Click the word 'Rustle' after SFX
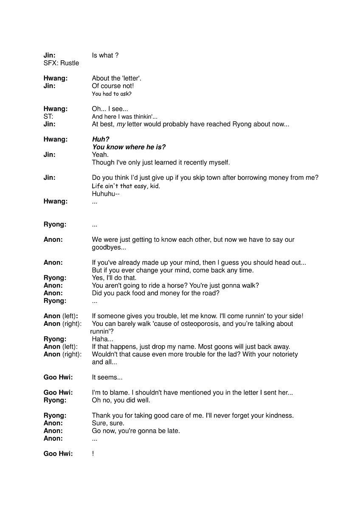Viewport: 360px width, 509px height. click(x=70, y=63)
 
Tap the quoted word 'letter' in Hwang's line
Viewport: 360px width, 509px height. click(x=130, y=78)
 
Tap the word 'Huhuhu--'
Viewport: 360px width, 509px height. click(x=106, y=194)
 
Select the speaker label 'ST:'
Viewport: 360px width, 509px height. click(x=48, y=117)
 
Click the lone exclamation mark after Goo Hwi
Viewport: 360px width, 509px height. click(x=93, y=454)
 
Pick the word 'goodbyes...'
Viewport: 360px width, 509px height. click(x=109, y=247)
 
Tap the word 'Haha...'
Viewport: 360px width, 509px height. click(x=102, y=339)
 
